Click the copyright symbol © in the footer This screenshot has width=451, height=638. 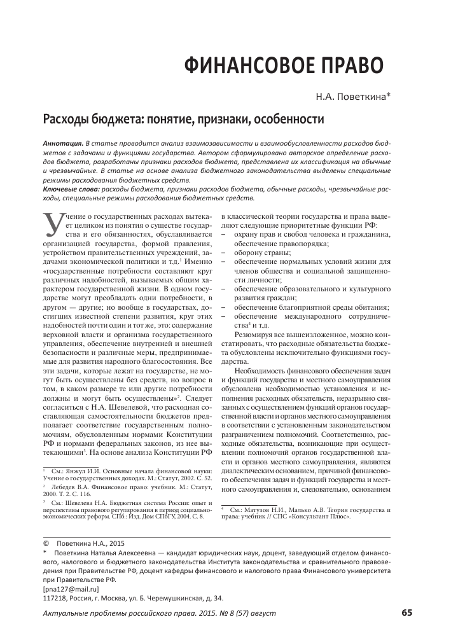coord(45,544)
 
